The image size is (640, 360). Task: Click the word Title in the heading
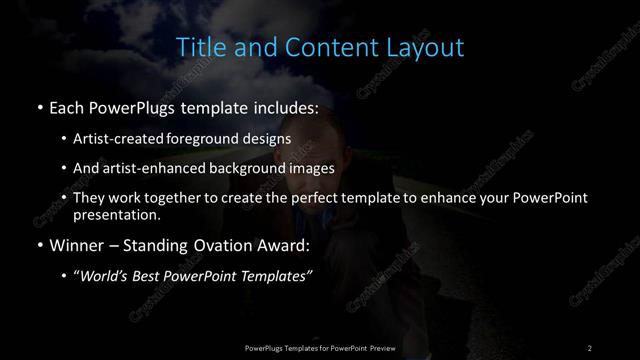click(199, 47)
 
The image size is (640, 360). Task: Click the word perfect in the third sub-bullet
click(300, 198)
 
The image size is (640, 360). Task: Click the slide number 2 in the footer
click(589, 347)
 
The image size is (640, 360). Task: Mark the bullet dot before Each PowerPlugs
click(38, 105)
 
